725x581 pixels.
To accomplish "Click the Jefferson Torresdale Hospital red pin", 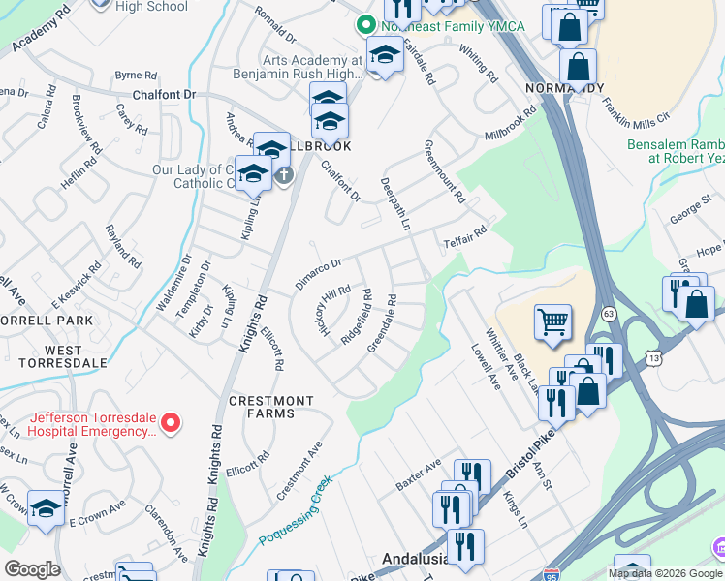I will tap(171, 421).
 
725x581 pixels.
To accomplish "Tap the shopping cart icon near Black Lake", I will tap(552, 323).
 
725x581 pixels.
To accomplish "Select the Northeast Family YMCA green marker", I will tap(365, 25).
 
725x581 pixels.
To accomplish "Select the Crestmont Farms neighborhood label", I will tap(271, 407).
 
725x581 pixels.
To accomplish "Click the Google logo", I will tap(32, 568).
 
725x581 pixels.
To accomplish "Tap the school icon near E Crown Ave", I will tap(46, 509).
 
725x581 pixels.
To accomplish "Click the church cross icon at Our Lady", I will tap(283, 175).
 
